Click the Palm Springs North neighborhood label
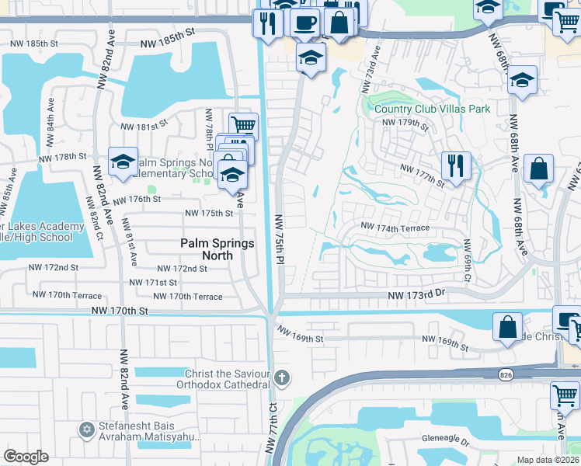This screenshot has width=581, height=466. click(217, 250)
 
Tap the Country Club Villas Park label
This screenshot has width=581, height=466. click(432, 109)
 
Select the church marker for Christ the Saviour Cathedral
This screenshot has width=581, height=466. click(282, 379)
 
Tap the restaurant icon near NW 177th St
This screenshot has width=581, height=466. click(456, 165)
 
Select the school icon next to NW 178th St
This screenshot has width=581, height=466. click(123, 161)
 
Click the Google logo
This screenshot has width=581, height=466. click(26, 457)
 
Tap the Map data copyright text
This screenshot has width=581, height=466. click(548, 460)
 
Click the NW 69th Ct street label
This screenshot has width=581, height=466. click(468, 260)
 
